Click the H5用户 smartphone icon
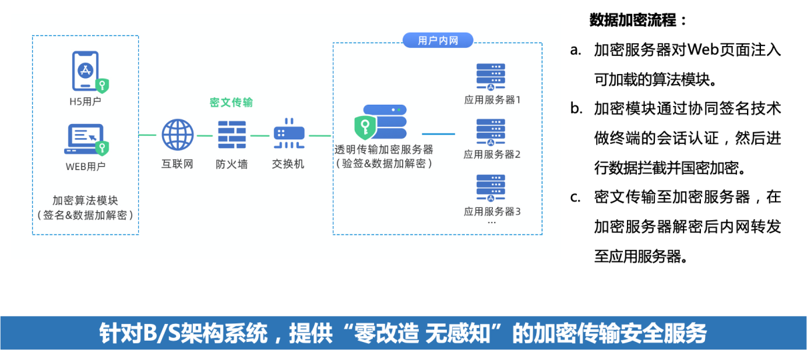pyautogui.click(x=85, y=71)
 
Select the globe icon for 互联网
pyautogui.click(x=177, y=135)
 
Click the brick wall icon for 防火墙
pyautogui.click(x=232, y=135)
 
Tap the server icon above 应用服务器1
pyautogui.click(x=491, y=77)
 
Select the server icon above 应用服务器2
pyautogui.click(x=491, y=132)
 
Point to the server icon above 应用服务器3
pyautogui.click(x=491, y=188)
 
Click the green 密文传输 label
pyautogui.click(x=231, y=103)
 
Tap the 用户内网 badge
pyautogui.click(x=438, y=41)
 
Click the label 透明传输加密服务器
pyautogui.click(x=384, y=150)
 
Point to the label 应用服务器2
pyautogui.click(x=492, y=155)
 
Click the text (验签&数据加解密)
pyautogui.click(x=384, y=164)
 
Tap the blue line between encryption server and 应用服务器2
pyautogui.click(x=438, y=134)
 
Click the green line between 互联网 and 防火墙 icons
pyautogui.click(x=205, y=135)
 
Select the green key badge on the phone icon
pyautogui.click(x=102, y=85)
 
